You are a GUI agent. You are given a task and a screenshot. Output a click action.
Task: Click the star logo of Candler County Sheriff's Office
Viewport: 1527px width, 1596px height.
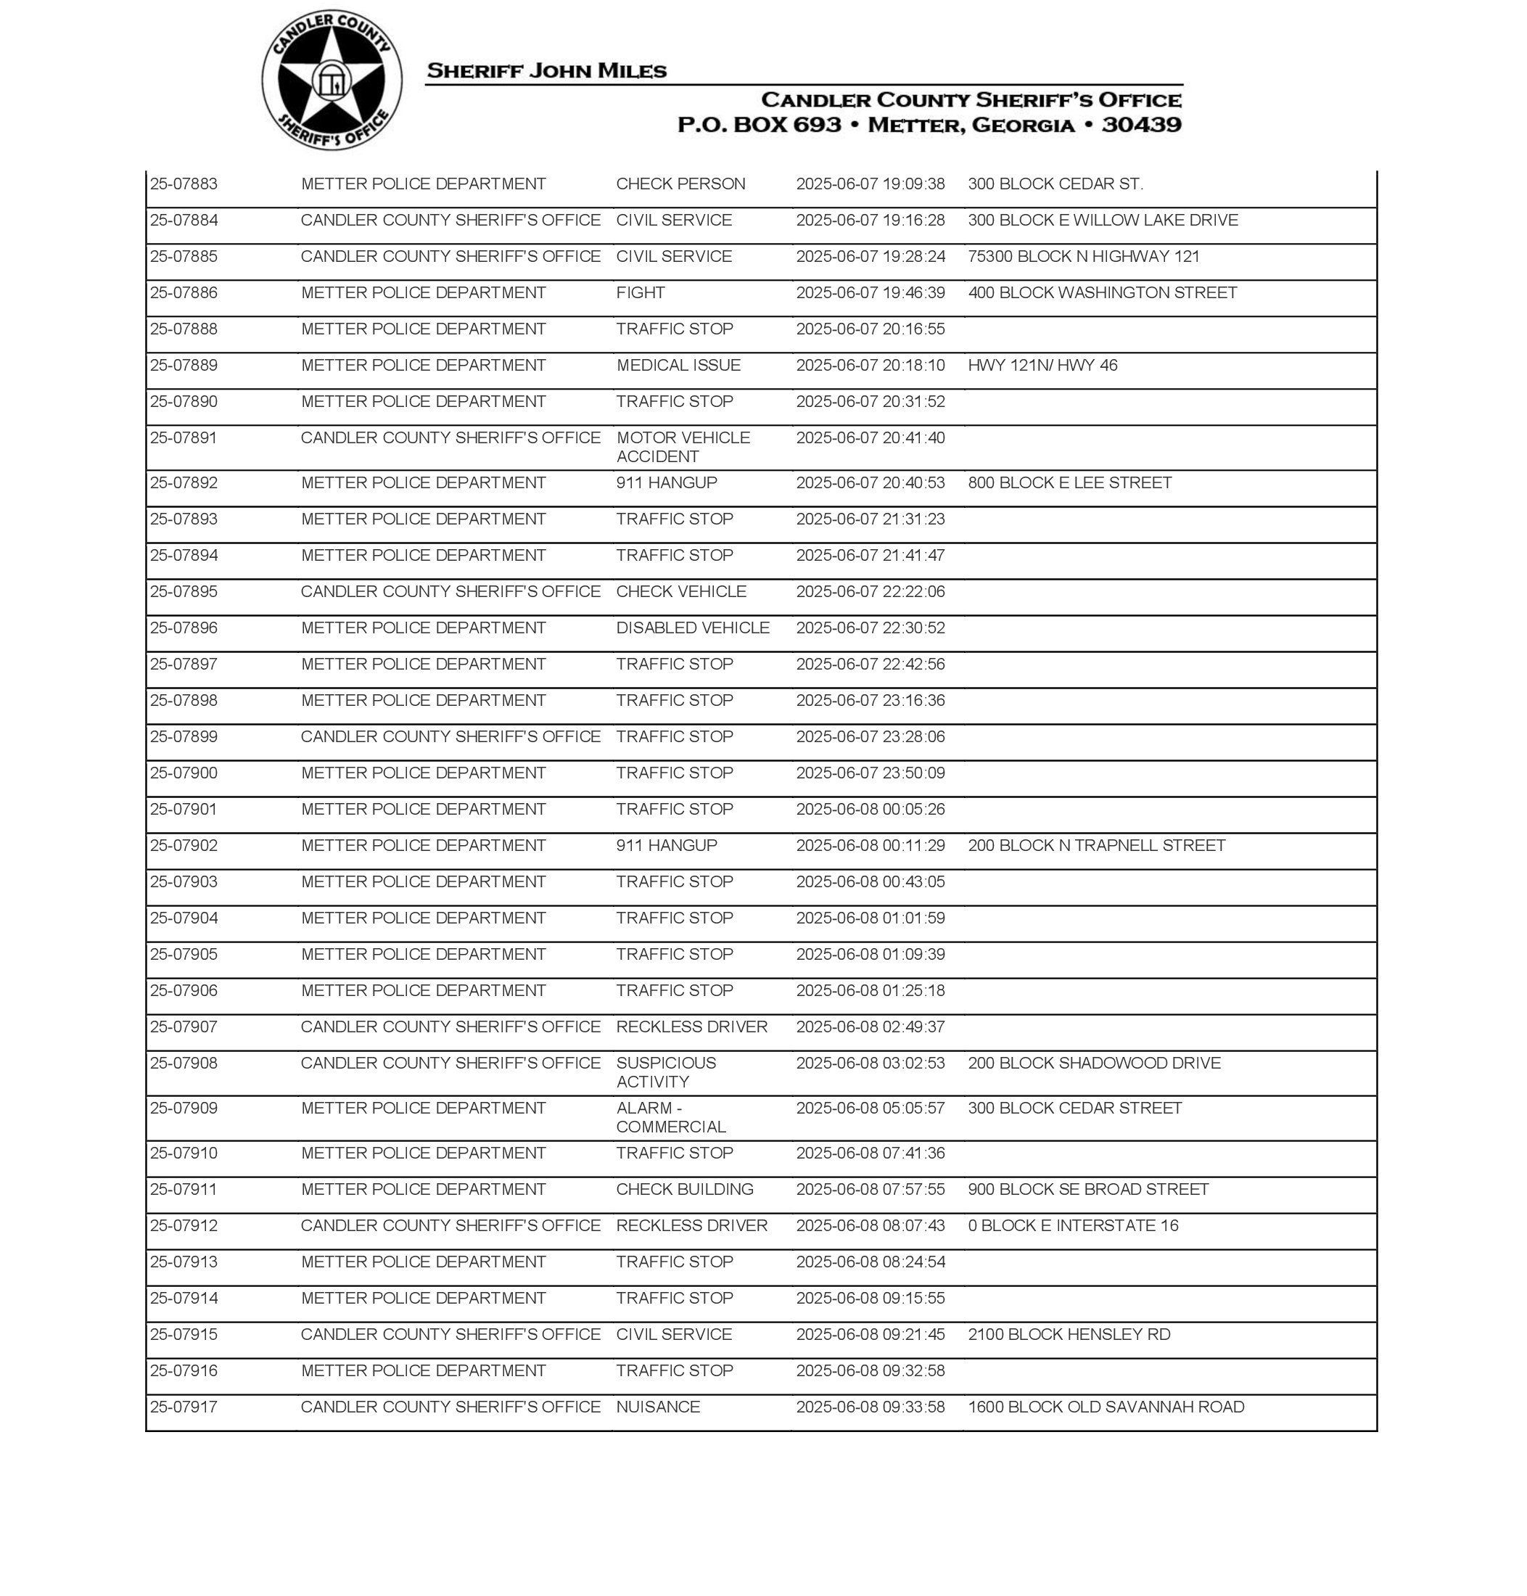pos(332,81)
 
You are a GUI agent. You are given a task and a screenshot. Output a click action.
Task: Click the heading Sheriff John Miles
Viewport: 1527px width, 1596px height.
pos(546,71)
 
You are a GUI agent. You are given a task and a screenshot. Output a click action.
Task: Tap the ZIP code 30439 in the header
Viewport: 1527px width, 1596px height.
pos(1141,125)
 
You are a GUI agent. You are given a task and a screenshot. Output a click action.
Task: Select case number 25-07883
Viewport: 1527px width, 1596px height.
pos(184,184)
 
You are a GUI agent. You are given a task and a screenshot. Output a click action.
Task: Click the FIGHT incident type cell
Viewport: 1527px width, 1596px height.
pos(641,293)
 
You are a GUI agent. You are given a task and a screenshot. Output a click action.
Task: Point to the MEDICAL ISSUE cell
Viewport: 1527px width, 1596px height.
pos(678,366)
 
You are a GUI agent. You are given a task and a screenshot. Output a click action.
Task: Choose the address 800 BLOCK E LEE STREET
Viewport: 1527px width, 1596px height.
pos(1069,482)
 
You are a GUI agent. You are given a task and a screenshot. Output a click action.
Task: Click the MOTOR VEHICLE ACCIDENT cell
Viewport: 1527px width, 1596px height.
pos(682,447)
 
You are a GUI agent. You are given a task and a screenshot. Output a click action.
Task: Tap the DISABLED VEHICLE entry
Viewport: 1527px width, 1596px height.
pos(693,628)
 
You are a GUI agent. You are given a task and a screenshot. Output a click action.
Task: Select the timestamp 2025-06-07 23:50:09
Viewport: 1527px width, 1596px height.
pos(870,773)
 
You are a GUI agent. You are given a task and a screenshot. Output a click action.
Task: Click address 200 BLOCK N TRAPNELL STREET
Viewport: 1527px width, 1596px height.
pos(1096,845)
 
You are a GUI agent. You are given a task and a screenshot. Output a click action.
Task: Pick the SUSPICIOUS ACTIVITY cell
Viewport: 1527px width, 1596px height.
pos(666,1072)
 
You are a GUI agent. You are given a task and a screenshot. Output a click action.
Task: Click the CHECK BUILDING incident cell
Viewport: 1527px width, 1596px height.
pos(685,1189)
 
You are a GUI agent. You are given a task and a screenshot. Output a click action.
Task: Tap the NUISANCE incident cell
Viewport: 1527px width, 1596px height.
pos(658,1407)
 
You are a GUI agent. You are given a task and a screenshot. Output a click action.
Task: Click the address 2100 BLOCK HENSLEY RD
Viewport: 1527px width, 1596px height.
pos(1069,1334)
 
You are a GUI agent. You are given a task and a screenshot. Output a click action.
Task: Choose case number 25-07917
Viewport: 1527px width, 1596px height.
pos(184,1407)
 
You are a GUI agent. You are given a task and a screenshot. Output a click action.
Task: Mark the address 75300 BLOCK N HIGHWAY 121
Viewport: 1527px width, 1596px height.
pos(1083,256)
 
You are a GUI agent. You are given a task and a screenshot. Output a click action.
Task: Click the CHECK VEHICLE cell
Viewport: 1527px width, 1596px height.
pos(680,592)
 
